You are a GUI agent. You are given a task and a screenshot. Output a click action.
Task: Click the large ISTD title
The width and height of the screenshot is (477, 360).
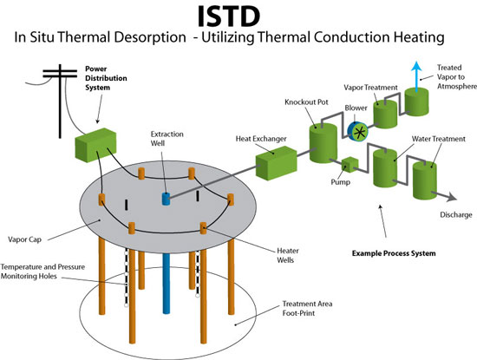coord(229,16)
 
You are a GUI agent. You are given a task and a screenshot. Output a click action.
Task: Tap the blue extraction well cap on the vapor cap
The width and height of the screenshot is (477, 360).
coord(166,199)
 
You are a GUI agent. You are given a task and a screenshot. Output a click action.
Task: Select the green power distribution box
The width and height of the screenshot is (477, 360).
coord(95,145)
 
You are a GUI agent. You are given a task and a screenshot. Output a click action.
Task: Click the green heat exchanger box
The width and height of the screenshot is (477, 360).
coord(276,163)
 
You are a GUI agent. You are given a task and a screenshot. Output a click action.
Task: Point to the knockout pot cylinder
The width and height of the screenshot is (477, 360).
coord(323,143)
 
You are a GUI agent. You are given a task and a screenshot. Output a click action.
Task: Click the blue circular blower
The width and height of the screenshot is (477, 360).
coord(357,132)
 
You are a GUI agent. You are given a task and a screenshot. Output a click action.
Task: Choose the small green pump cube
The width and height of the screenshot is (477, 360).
coord(350,164)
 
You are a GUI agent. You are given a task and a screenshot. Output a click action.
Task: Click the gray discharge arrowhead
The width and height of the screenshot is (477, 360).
coord(452,197)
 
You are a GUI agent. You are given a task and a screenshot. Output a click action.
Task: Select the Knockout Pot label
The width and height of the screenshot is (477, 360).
coord(306,102)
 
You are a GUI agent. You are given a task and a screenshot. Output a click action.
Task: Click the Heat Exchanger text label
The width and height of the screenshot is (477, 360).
coord(261,139)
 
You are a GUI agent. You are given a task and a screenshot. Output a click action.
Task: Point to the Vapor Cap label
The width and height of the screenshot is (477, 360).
coord(24,239)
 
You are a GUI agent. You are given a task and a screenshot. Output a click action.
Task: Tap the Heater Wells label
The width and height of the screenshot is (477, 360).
coord(287,255)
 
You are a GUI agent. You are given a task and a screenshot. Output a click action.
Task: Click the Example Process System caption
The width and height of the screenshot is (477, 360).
coord(394,253)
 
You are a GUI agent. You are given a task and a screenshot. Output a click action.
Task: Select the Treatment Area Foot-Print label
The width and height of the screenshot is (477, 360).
coord(307,308)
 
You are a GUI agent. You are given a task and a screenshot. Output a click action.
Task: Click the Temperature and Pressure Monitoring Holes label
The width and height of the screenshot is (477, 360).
coord(42,272)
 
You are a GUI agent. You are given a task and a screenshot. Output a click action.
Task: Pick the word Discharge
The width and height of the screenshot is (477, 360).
coord(456,215)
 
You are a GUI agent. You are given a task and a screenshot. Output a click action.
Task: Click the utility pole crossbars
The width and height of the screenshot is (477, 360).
coord(60,74)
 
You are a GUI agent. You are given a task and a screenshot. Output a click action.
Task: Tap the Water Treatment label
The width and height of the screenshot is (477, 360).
coord(438,139)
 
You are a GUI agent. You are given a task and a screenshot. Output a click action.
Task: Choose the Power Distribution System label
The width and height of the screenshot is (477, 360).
coord(106,78)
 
